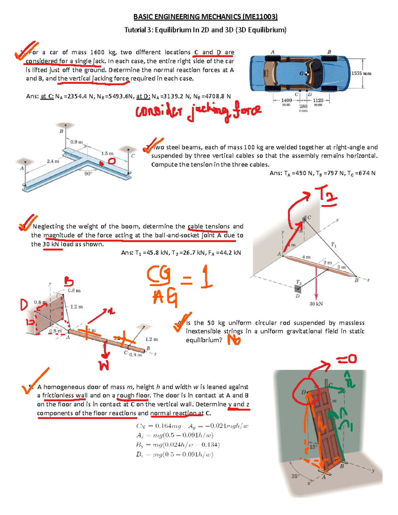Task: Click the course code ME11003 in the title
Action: [x=260, y=17]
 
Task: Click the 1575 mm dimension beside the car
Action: [x=361, y=73]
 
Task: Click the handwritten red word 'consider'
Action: [x=159, y=111]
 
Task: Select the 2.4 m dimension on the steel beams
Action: [x=53, y=161]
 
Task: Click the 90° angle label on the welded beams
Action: [x=88, y=173]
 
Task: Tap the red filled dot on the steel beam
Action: [x=102, y=163]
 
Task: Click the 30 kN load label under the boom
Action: [x=316, y=304]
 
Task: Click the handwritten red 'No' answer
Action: [x=234, y=340]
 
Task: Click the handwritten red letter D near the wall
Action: [x=24, y=305]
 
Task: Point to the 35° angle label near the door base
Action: [x=295, y=476]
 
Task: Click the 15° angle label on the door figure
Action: [x=313, y=447]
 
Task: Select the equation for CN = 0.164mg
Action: [x=159, y=426]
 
